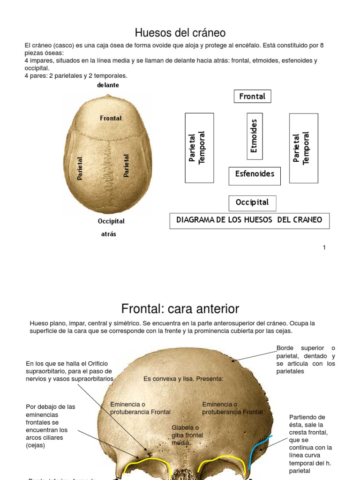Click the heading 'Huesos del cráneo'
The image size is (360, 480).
pos(180,33)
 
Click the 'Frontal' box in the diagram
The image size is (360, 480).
pos(252,97)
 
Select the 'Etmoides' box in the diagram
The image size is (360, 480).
pos(255,136)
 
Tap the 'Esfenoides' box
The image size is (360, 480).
pos(255,174)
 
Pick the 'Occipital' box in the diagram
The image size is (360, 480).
pos(252,203)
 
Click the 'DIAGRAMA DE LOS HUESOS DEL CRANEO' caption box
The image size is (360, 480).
pos(249,220)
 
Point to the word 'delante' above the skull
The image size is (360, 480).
pos(108,85)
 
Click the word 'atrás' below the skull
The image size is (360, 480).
pos(109,234)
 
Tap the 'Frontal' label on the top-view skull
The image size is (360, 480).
pos(111,119)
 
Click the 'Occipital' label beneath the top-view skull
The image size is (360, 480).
pos(111,221)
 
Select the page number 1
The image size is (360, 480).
pos(324,247)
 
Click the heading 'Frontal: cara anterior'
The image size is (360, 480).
pos(180,309)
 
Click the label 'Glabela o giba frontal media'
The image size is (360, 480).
pos(187,435)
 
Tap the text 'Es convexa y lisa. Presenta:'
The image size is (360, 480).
pos(183,379)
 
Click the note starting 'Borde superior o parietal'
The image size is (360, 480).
pos(306,360)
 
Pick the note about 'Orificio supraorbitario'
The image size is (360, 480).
pos(69,371)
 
